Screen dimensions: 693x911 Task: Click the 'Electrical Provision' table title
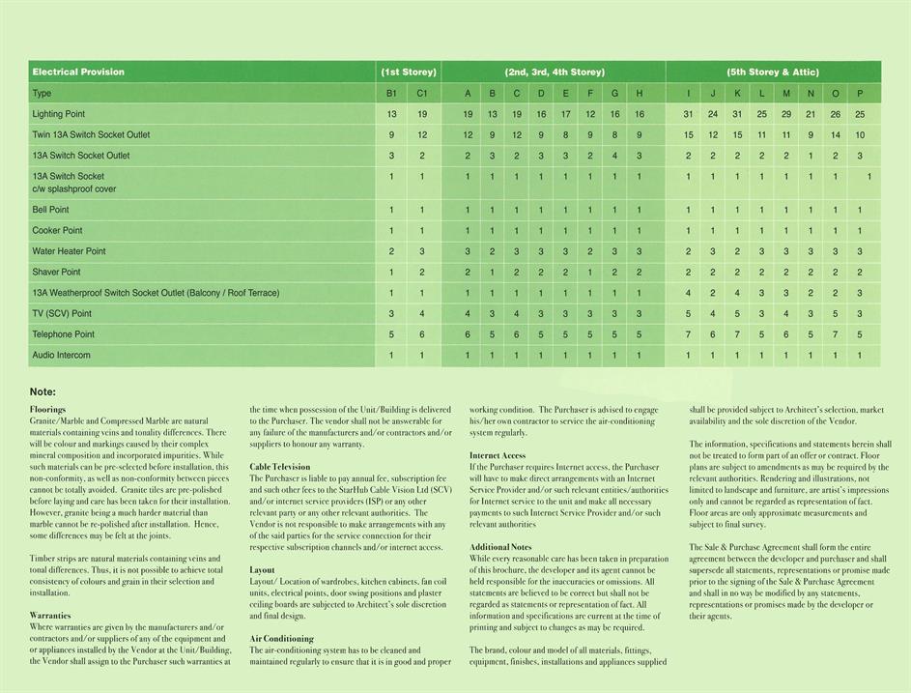[x=78, y=72]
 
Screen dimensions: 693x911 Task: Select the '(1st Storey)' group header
[x=409, y=72]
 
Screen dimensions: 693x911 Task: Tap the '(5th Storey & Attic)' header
[x=773, y=72]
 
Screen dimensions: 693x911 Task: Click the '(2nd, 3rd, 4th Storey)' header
[x=555, y=72]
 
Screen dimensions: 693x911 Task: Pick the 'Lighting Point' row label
[x=59, y=114]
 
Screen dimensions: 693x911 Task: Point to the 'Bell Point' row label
[x=51, y=210]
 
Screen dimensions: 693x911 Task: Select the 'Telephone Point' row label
[x=64, y=334]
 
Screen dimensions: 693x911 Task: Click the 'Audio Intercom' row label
[x=61, y=355]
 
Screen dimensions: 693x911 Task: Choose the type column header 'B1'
[x=391, y=94]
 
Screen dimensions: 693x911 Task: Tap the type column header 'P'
[x=860, y=94]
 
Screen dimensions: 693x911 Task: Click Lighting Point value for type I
[x=688, y=114]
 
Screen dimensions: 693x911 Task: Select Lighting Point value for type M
[x=786, y=114]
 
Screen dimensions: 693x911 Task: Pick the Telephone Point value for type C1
[x=422, y=334]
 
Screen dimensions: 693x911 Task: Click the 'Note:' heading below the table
[x=43, y=392]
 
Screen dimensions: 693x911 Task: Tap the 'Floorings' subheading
[x=47, y=410]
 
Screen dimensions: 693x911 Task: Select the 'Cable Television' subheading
[x=280, y=467]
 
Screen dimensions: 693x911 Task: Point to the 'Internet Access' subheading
[x=498, y=455]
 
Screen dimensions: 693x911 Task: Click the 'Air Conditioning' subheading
[x=281, y=639]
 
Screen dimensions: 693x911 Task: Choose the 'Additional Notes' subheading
[x=500, y=547]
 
